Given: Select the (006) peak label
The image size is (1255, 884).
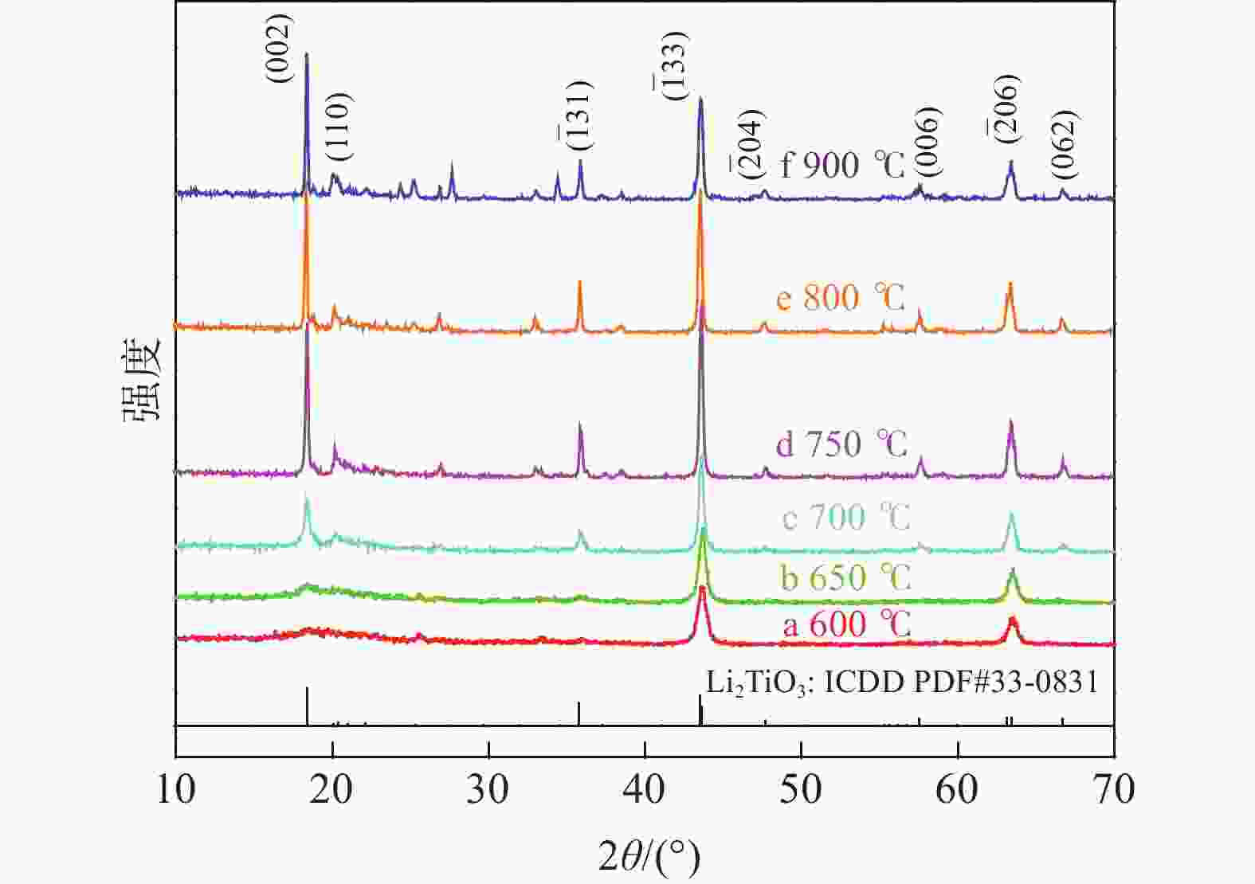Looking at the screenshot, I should point(928,142).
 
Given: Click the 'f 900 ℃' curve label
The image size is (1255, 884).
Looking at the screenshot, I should point(842,166).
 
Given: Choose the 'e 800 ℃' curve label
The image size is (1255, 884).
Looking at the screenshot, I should point(841,298).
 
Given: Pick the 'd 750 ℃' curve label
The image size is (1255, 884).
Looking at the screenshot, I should point(841,444).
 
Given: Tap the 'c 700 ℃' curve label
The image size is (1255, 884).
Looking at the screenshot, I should point(845,518).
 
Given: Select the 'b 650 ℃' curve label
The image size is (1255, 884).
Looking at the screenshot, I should point(845,577).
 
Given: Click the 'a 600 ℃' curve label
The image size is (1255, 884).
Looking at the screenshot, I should point(846,624).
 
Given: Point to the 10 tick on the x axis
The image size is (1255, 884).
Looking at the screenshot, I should point(175,789).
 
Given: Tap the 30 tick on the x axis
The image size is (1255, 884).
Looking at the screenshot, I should point(488,789).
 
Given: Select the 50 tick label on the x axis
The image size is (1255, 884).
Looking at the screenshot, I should point(801,789).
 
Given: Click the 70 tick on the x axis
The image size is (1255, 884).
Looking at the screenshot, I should point(1114,789).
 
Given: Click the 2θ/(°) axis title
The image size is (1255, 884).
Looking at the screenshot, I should point(649,857).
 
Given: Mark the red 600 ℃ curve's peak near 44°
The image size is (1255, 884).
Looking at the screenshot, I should point(702,589).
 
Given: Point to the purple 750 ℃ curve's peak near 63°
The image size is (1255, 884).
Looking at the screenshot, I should point(1010,421).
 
